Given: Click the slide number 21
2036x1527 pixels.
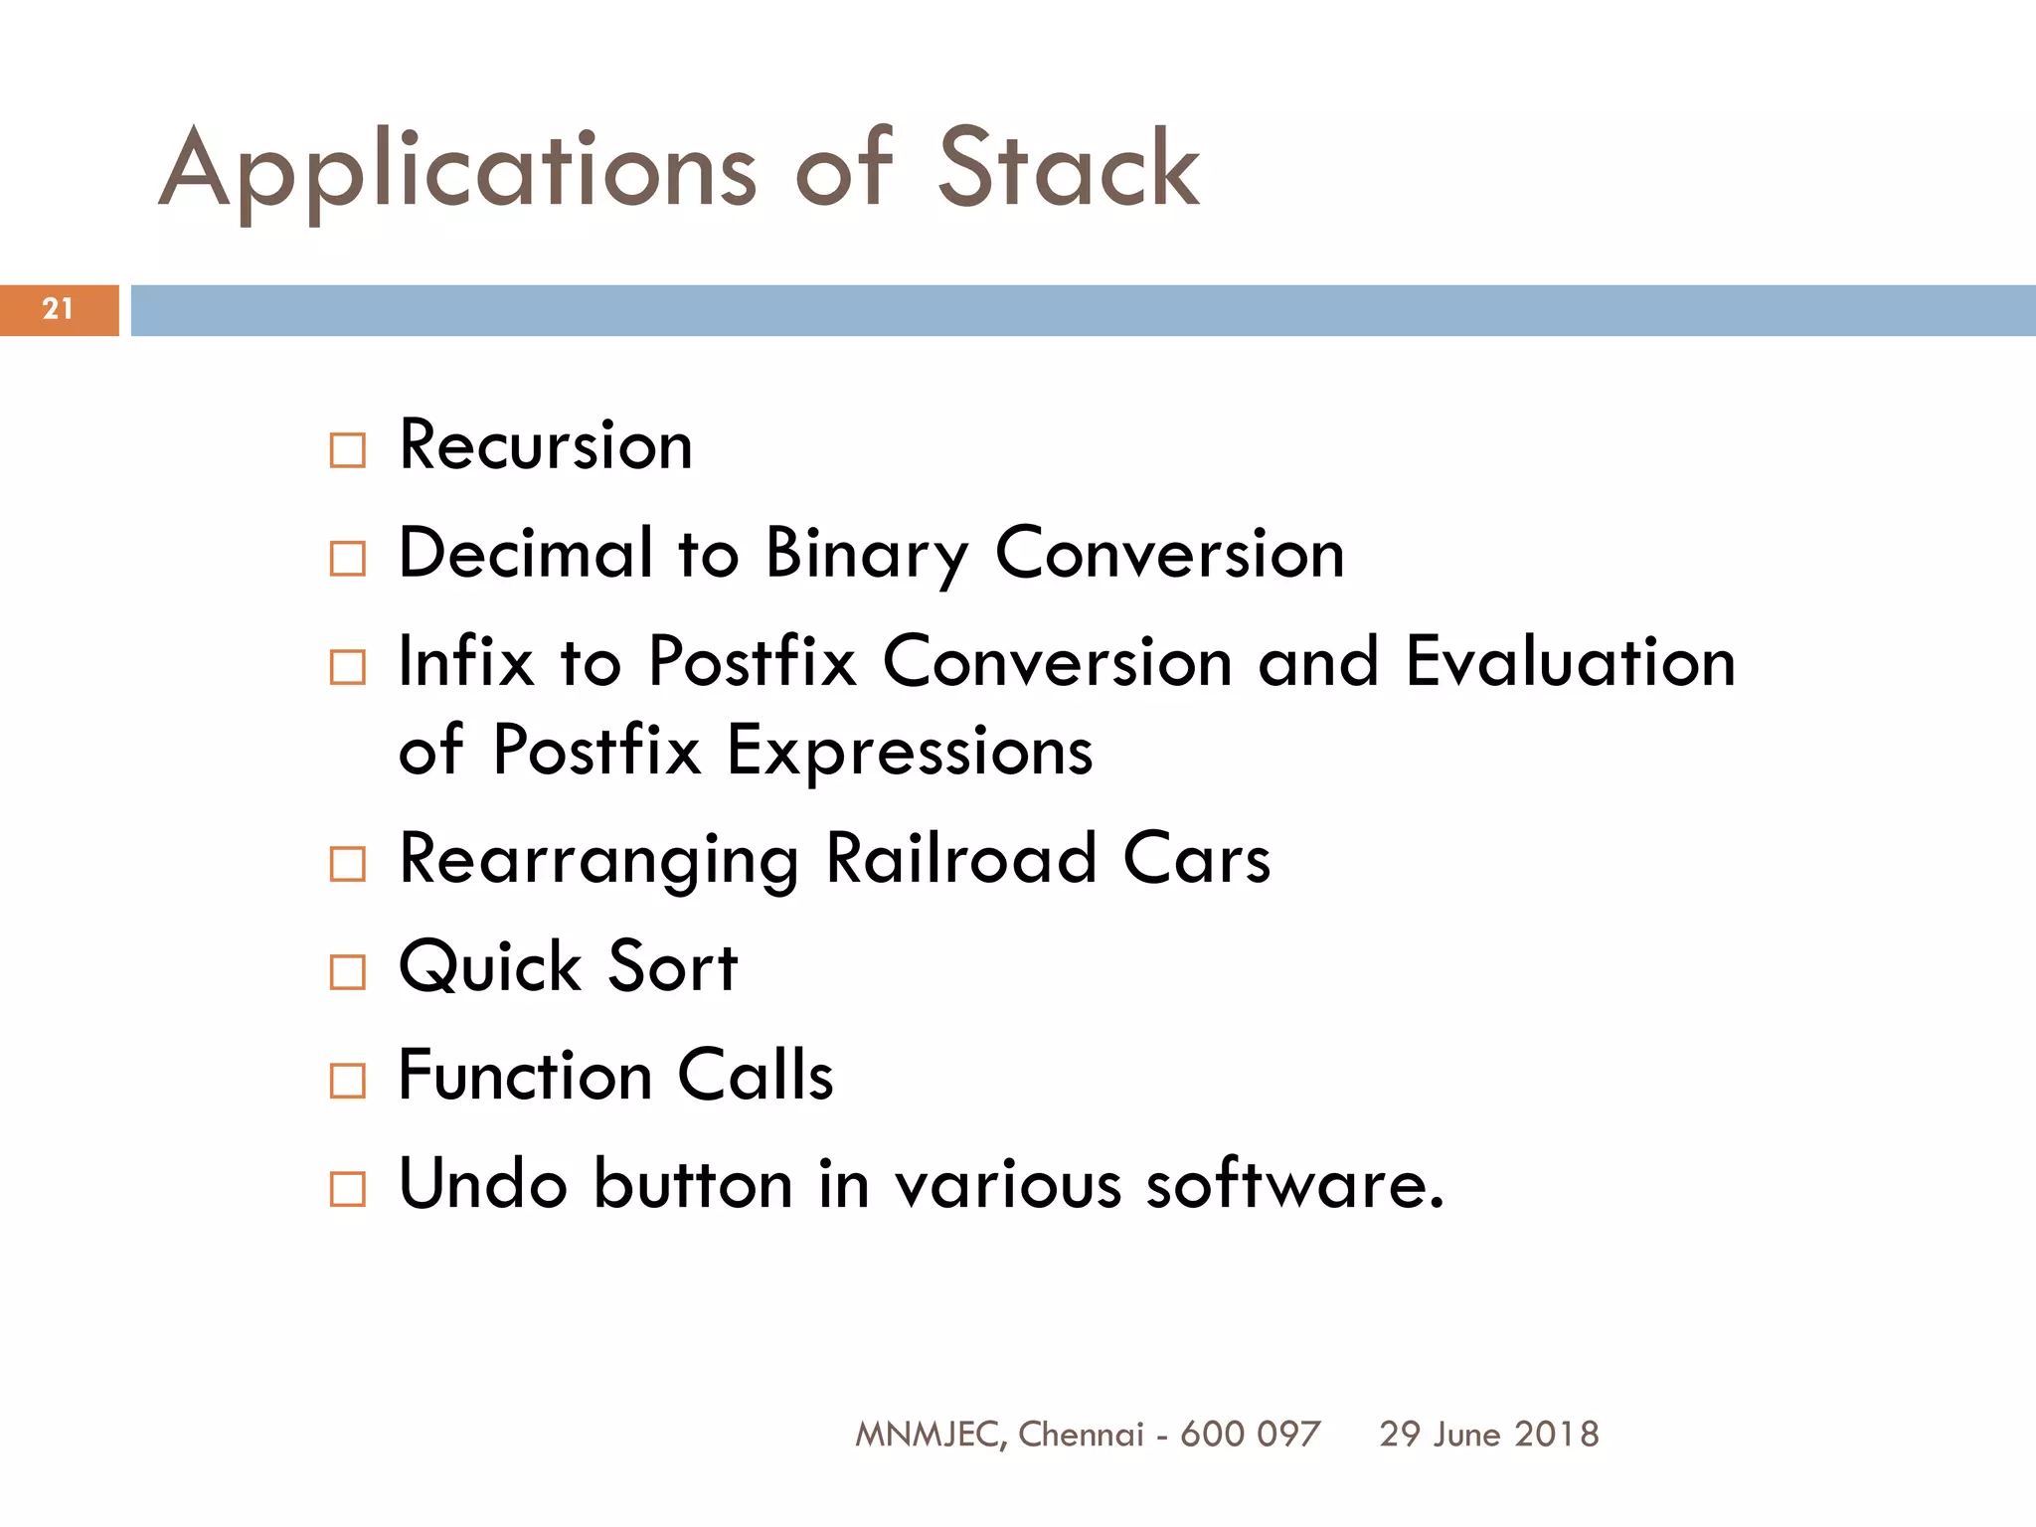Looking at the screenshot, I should (x=58, y=309).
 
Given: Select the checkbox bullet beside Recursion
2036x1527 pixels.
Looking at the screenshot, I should (x=347, y=450).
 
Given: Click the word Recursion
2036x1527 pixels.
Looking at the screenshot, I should (x=545, y=445).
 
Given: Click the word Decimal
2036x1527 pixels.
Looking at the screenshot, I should (x=526, y=553).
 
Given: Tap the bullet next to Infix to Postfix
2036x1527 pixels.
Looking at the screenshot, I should (x=347, y=667).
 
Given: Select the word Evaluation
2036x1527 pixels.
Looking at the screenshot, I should (x=1570, y=662).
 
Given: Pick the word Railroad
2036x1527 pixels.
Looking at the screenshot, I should (x=961, y=859).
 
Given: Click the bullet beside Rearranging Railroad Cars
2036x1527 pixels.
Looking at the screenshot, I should (x=347, y=864).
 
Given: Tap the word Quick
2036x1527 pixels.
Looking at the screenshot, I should (x=490, y=967).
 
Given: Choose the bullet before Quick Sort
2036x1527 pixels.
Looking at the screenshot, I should (x=347, y=971).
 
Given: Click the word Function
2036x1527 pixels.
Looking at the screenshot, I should (x=525, y=1076).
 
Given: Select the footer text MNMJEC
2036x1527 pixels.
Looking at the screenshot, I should (x=931, y=1435).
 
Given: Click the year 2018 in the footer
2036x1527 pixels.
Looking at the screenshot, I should (x=1557, y=1435).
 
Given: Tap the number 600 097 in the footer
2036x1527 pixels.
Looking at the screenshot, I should (x=1250, y=1435).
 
